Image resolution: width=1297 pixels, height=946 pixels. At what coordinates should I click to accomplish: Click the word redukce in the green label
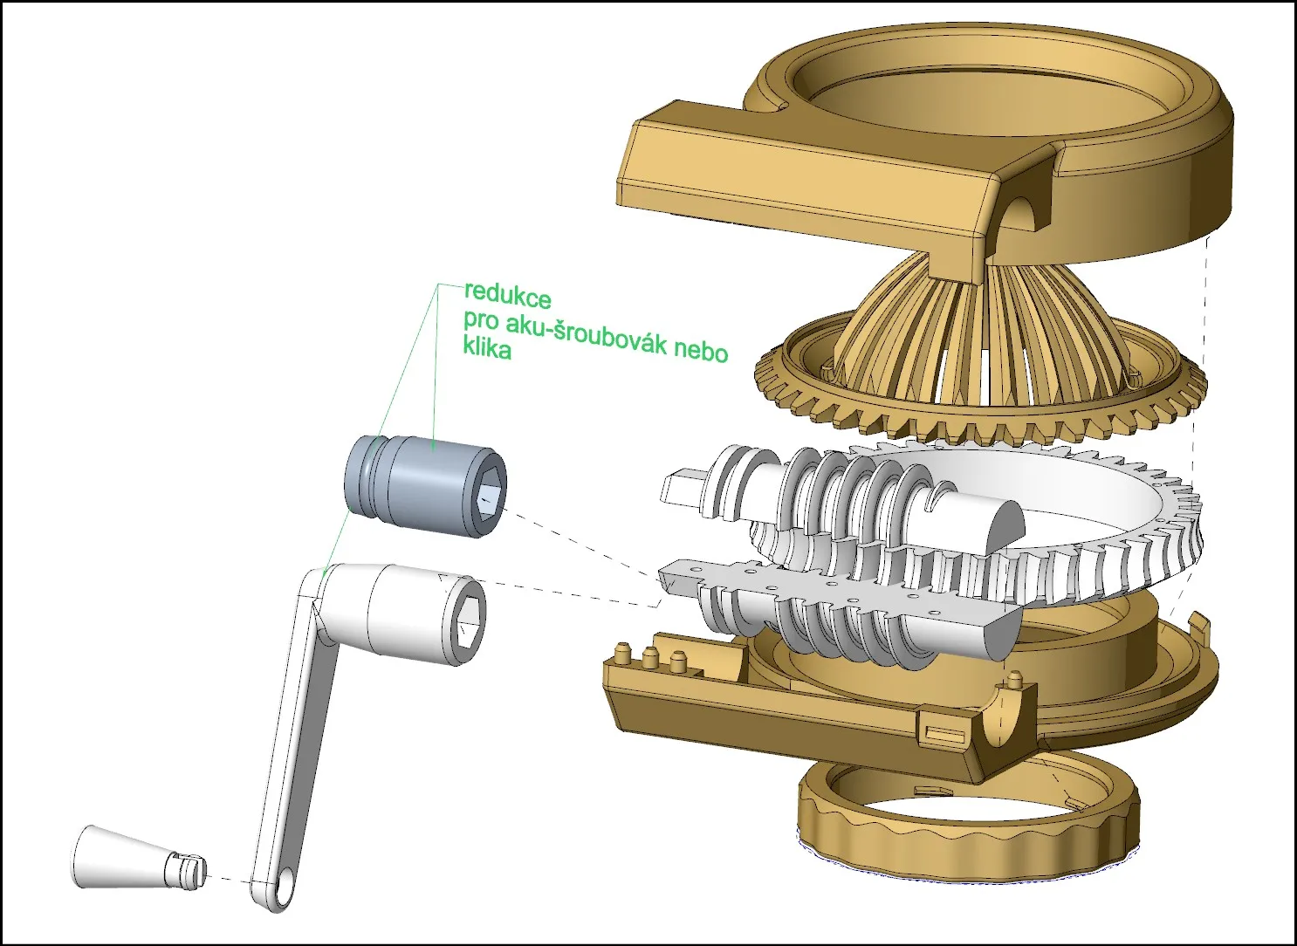507,296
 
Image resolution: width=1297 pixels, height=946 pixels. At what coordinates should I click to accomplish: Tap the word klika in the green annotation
487,348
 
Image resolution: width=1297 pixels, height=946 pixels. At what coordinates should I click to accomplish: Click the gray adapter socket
426,486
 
